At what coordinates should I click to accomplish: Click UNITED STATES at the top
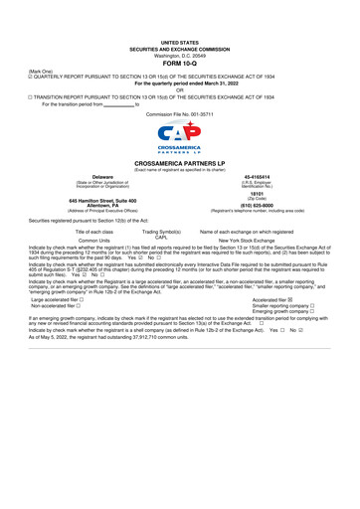click(x=180, y=17)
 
